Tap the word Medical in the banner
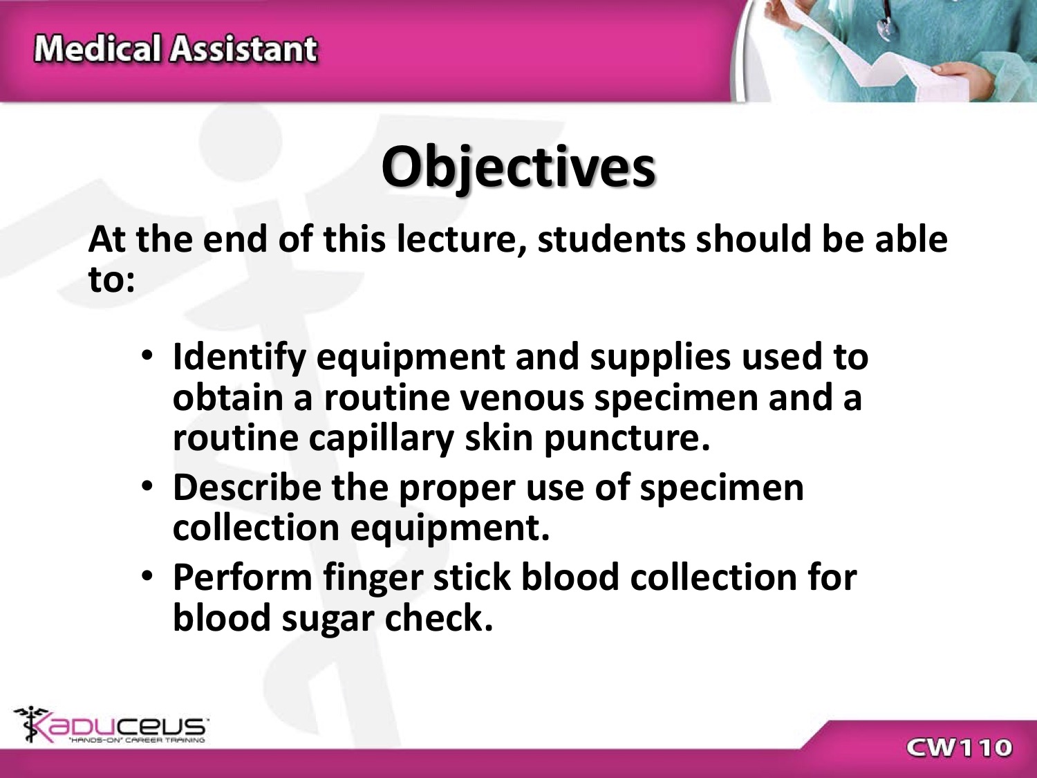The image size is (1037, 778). pyautogui.click(x=97, y=48)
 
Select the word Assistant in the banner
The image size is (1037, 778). pyautogui.click(x=244, y=48)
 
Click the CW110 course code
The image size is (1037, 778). pyautogui.click(x=959, y=748)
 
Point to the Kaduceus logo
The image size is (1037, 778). pyautogui.click(x=111, y=724)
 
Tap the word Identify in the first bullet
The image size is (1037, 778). pyautogui.click(x=239, y=358)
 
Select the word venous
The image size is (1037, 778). pyautogui.click(x=522, y=398)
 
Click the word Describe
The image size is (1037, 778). pyautogui.click(x=247, y=487)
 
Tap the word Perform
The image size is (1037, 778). pyautogui.click(x=243, y=577)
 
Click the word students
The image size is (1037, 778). pyautogui.click(x=611, y=239)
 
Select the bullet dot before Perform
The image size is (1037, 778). pyautogui.click(x=147, y=575)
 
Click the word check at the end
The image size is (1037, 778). pyautogui.click(x=439, y=618)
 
